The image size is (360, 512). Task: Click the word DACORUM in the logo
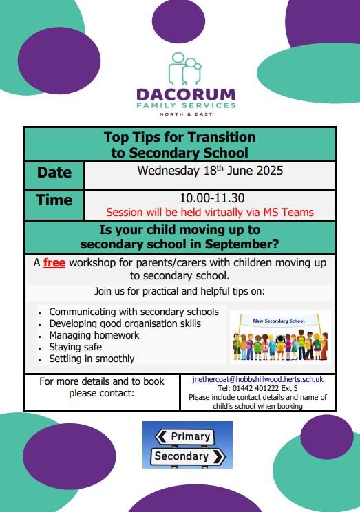tap(186, 94)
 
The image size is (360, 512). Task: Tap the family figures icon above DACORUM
tap(185, 69)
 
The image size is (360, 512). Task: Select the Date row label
tap(54, 173)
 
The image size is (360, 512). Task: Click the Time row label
tap(54, 200)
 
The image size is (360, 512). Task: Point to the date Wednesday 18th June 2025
tap(210, 171)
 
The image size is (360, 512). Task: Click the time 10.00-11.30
tap(212, 198)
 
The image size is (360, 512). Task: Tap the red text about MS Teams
tap(210, 212)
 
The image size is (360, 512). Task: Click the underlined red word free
tap(54, 262)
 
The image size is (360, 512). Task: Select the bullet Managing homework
tap(94, 335)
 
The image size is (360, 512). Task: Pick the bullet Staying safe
tap(76, 347)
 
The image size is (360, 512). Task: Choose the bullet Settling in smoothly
tap(92, 359)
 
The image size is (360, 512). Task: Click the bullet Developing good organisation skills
tap(125, 323)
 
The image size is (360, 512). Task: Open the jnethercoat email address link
tap(257, 379)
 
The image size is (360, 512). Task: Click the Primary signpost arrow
tap(184, 436)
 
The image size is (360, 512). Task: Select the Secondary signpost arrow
tap(188, 456)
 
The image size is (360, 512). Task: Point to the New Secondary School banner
tap(279, 321)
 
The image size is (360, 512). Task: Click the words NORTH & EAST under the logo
tap(186, 114)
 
